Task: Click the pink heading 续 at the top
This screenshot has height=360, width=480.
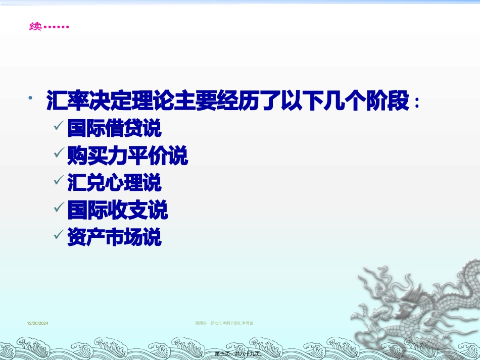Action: (x=35, y=26)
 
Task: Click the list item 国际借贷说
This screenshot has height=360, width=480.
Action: (x=114, y=128)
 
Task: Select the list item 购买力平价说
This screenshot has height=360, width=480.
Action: (x=127, y=156)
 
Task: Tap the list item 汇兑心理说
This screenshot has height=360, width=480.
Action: (x=114, y=182)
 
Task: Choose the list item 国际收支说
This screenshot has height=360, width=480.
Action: (x=117, y=210)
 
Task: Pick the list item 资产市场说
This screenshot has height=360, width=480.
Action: (x=114, y=237)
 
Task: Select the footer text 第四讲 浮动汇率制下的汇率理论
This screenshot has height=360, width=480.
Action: (x=224, y=323)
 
